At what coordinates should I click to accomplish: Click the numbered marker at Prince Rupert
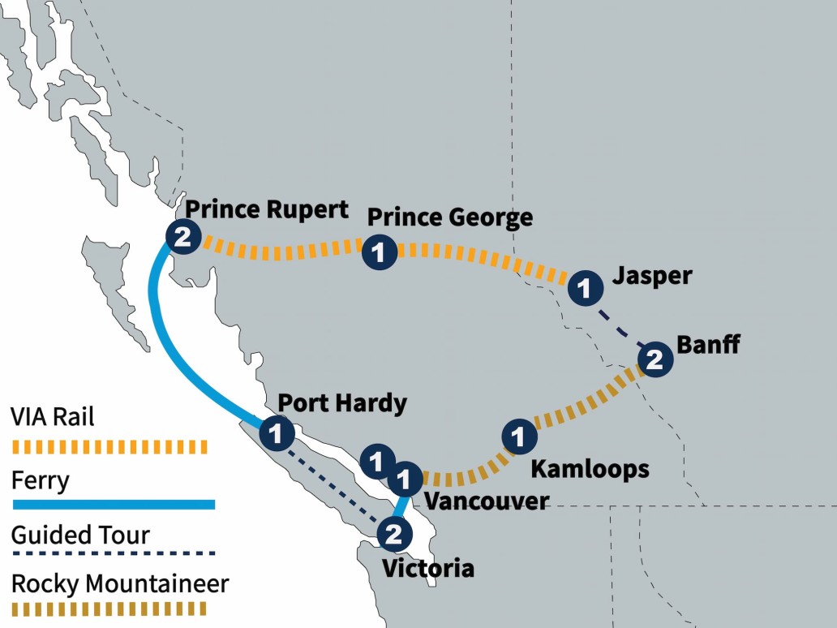point(182,237)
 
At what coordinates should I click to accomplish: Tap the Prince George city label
point(450,217)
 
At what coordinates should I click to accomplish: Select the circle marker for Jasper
point(584,288)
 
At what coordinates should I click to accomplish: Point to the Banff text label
point(708,344)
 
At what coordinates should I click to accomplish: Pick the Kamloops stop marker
point(520,437)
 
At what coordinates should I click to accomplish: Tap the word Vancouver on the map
point(487,501)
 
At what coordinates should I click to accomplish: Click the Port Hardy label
point(341,403)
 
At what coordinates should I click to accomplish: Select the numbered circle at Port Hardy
point(276,432)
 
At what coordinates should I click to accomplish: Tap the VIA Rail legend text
point(53,417)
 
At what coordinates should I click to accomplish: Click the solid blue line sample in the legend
point(114,505)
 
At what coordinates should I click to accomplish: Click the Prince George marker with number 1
point(379,252)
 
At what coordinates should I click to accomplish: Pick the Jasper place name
point(652,276)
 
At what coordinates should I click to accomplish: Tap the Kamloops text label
point(590,469)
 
